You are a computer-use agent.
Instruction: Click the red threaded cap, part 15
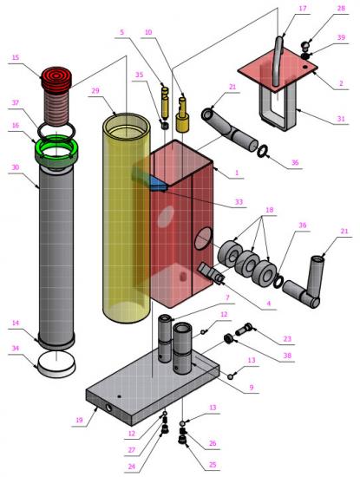click(56, 95)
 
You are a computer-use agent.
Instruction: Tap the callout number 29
click(95, 91)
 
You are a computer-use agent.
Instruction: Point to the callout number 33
click(239, 202)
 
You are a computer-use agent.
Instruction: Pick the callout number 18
click(269, 210)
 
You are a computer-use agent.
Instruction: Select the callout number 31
click(341, 118)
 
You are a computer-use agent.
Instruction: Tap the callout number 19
click(79, 420)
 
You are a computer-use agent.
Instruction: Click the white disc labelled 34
click(56, 364)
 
